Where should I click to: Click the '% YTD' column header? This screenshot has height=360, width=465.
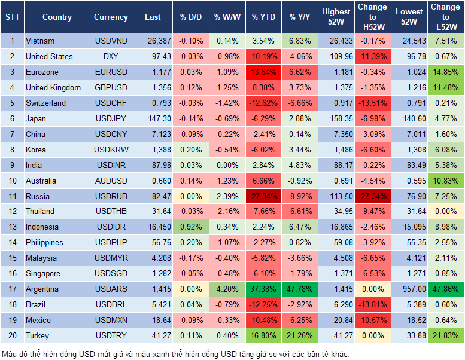click(x=263, y=17)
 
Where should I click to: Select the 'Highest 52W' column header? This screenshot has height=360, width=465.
click(x=336, y=17)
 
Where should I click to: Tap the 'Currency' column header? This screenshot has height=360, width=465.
click(x=111, y=17)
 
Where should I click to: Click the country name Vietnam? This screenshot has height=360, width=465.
click(x=40, y=41)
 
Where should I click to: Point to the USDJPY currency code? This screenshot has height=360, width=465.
click(x=111, y=118)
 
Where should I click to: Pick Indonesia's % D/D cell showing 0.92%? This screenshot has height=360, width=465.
click(x=190, y=227)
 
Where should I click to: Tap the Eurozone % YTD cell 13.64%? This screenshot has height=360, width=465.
click(x=263, y=72)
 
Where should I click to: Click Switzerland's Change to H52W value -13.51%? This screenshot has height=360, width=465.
click(x=372, y=103)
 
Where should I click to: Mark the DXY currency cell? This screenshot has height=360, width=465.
click(x=111, y=57)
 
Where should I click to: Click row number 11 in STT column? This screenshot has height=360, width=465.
click(x=11, y=196)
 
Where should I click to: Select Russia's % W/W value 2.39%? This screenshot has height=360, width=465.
click(x=226, y=196)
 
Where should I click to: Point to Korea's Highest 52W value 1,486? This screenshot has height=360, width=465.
click(x=336, y=150)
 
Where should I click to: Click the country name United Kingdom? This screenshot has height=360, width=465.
click(x=53, y=87)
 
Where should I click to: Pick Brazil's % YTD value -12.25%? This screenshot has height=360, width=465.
click(x=263, y=304)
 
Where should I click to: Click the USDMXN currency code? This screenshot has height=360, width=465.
click(x=111, y=320)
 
